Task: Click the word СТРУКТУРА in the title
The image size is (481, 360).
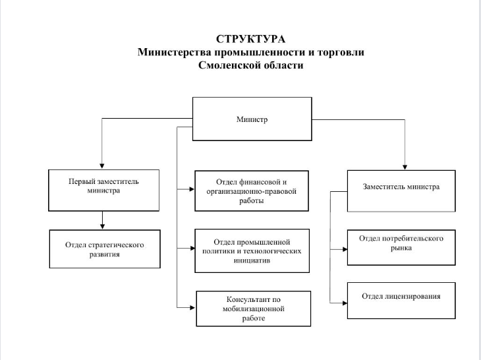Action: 250,39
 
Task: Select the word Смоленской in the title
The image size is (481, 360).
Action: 227,65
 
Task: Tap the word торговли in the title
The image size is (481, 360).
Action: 341,52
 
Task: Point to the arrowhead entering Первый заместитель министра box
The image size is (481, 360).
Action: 102,166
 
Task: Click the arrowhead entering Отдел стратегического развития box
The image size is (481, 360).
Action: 102,227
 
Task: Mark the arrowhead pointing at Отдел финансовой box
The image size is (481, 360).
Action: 192,189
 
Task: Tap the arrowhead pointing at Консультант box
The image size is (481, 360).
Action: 192,307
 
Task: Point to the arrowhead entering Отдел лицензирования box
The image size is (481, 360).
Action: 345,303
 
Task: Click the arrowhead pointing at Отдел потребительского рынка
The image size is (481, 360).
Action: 345,249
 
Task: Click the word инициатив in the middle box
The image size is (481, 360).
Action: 252,260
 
